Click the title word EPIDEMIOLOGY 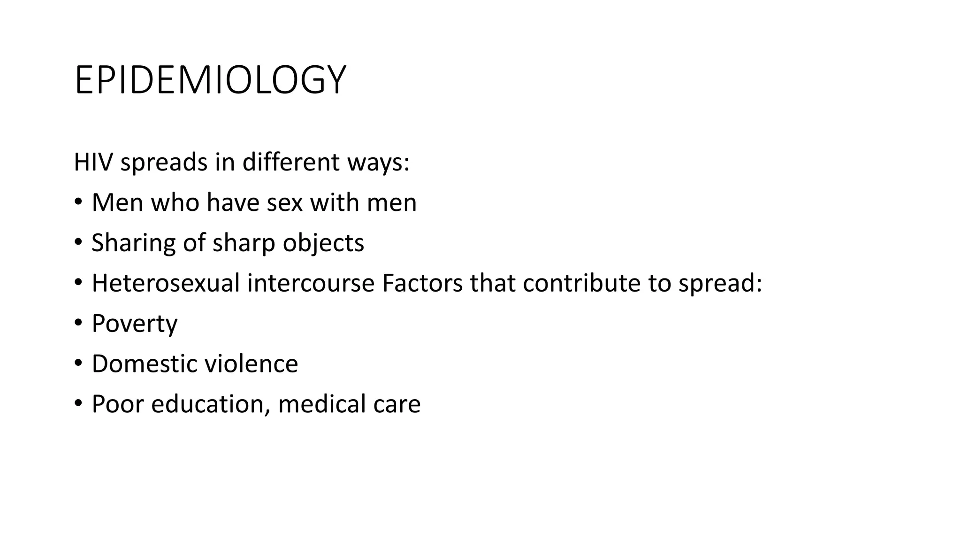[210, 81]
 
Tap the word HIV [94, 162]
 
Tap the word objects [323, 243]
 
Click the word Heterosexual [166, 284]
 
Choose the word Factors [422, 284]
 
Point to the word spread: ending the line [720, 284]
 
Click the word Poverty [135, 324]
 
